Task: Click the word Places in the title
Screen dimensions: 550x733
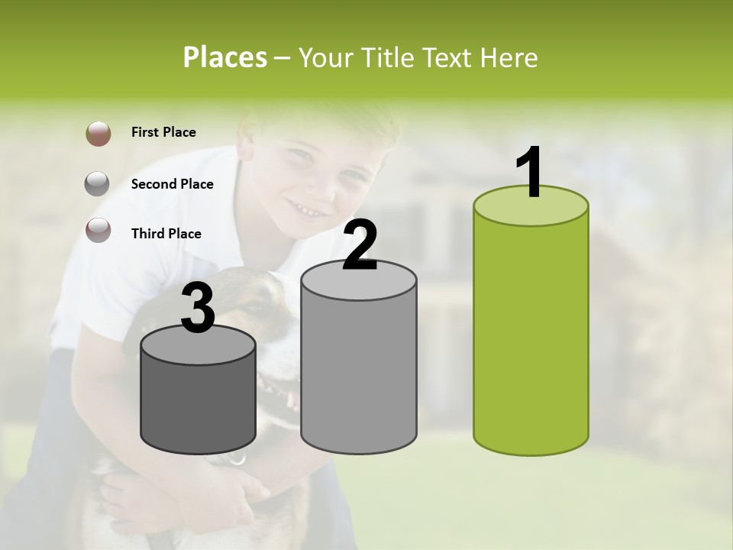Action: [x=225, y=57]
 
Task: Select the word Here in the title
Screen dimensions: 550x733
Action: [x=512, y=57]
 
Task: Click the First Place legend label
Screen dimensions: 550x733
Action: [x=163, y=132]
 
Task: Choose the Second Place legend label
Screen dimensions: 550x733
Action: [x=172, y=184]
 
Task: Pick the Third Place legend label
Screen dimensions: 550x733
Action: [x=166, y=234]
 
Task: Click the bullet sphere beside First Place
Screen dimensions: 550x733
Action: [x=98, y=134]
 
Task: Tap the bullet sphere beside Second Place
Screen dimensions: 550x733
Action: [x=98, y=184]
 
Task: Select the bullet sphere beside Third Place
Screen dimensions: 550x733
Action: [x=98, y=230]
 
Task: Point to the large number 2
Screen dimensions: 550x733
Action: [x=360, y=244]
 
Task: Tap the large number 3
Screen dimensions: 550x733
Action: [x=198, y=308]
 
